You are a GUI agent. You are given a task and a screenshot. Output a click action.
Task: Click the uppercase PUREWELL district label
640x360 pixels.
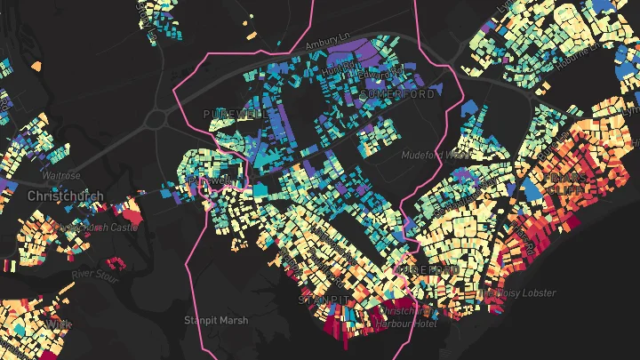click(232, 115)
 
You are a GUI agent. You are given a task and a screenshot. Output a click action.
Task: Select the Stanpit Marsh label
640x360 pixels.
click(216, 320)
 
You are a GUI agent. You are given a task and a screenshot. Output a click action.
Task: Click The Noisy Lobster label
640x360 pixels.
click(517, 292)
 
